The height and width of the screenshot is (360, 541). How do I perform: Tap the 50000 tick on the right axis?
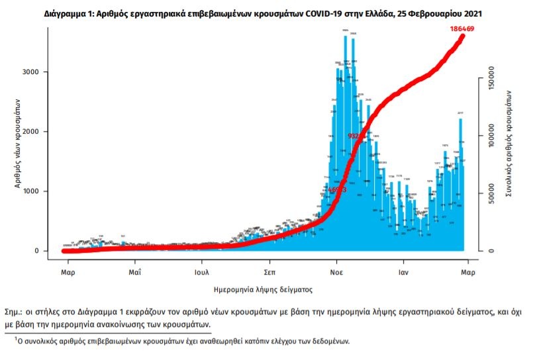[x=491, y=197]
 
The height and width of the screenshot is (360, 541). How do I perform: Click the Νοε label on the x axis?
[x=336, y=272]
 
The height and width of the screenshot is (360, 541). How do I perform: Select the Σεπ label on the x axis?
[x=270, y=272]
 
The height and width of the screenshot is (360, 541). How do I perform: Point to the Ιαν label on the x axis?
[x=402, y=272]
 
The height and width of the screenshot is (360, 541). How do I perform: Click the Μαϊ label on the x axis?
[x=135, y=272]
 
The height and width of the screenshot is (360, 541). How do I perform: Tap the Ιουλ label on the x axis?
[x=203, y=272]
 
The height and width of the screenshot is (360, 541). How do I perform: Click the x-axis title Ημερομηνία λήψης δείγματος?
[x=264, y=290]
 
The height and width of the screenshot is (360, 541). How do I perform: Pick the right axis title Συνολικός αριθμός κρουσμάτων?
[x=510, y=142]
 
